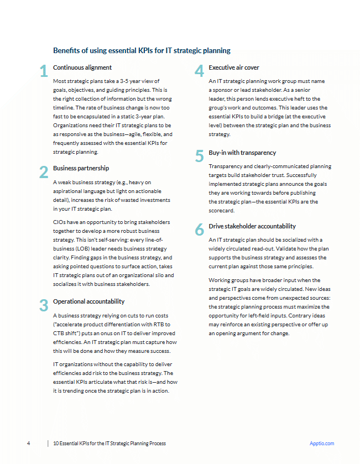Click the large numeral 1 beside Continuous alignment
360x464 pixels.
[43, 71]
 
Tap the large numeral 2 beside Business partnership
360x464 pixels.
[44, 172]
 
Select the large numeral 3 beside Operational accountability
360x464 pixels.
[44, 305]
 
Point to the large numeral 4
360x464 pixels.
[200, 71]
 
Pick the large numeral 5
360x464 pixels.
[200, 156]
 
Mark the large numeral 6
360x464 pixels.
[200, 230]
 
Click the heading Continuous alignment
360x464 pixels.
[82, 67]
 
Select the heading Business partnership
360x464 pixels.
[81, 168]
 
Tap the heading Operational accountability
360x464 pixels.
[88, 301]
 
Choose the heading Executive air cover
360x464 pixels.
[234, 67]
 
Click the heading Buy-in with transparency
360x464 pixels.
[242, 153]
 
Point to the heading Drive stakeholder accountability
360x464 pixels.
[252, 226]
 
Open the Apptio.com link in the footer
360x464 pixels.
[322, 444]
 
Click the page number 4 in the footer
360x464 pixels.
[28, 444]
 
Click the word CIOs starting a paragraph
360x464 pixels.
[60, 222]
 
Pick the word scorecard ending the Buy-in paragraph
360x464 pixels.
[221, 211]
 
